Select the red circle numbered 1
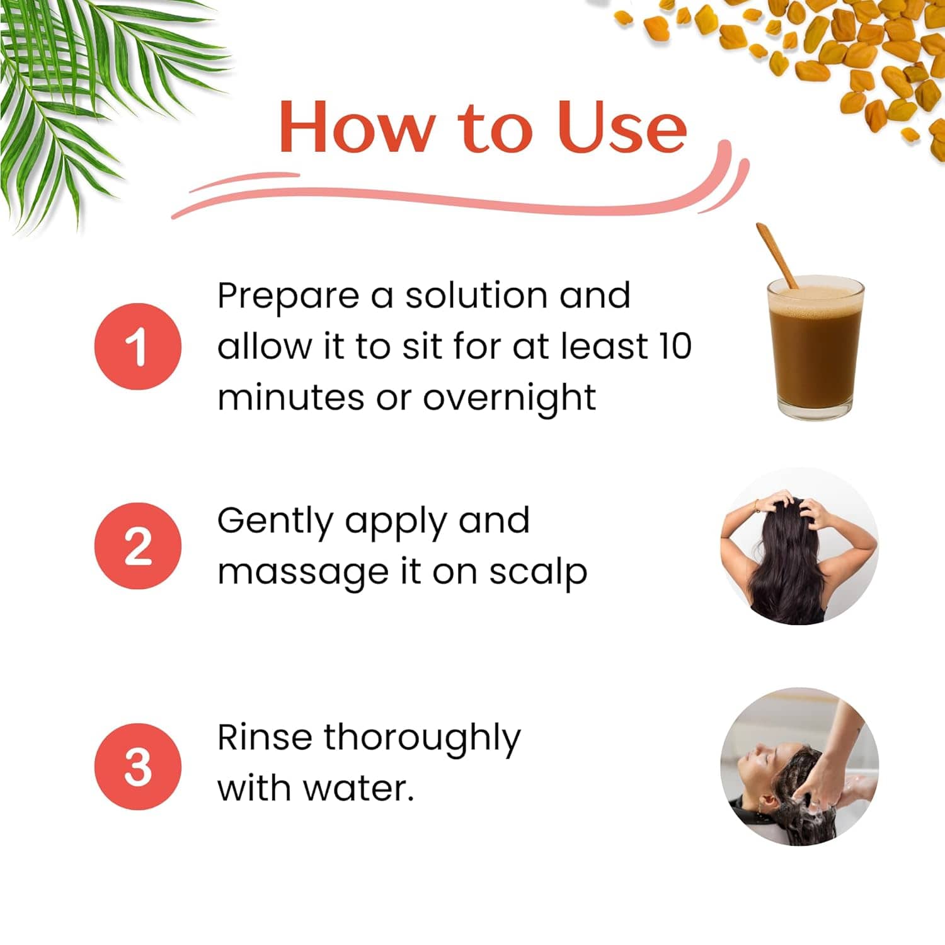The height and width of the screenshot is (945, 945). (138, 346)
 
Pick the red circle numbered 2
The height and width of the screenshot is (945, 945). (138, 546)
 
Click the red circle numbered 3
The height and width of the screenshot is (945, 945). (138, 767)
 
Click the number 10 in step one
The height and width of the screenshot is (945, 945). (675, 346)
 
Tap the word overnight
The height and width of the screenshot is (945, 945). (509, 399)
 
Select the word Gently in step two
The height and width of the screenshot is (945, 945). (275, 522)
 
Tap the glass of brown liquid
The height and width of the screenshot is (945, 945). (815, 347)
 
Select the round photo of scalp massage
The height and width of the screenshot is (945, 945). (799, 546)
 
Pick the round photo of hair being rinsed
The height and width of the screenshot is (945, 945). (799, 767)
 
